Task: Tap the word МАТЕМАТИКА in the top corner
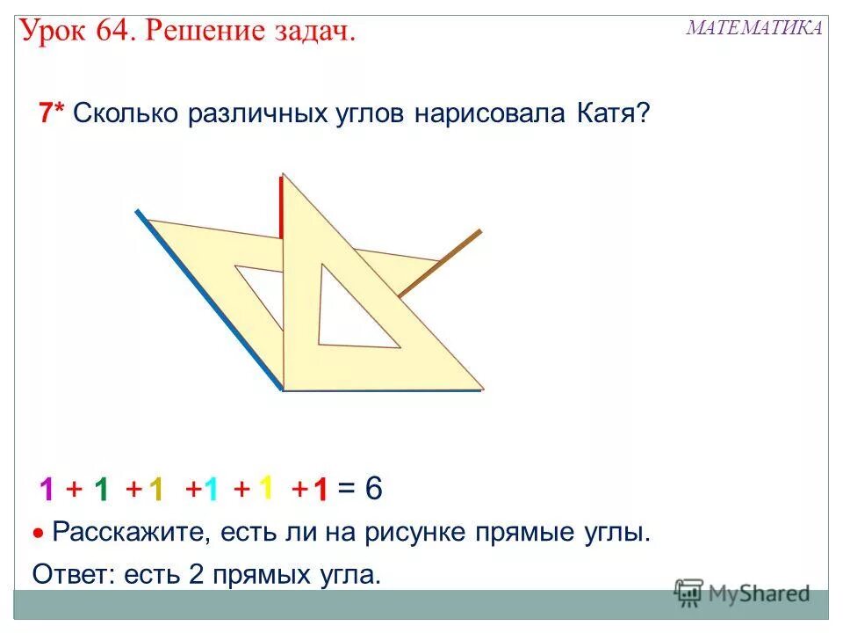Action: pos(754,27)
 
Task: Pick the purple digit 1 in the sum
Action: pos(47,490)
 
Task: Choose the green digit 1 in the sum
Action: pos(102,490)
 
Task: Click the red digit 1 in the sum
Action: pos(321,490)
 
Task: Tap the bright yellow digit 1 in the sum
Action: pos(266,486)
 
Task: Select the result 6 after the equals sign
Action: pos(373,489)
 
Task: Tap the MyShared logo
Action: pos(742,593)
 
